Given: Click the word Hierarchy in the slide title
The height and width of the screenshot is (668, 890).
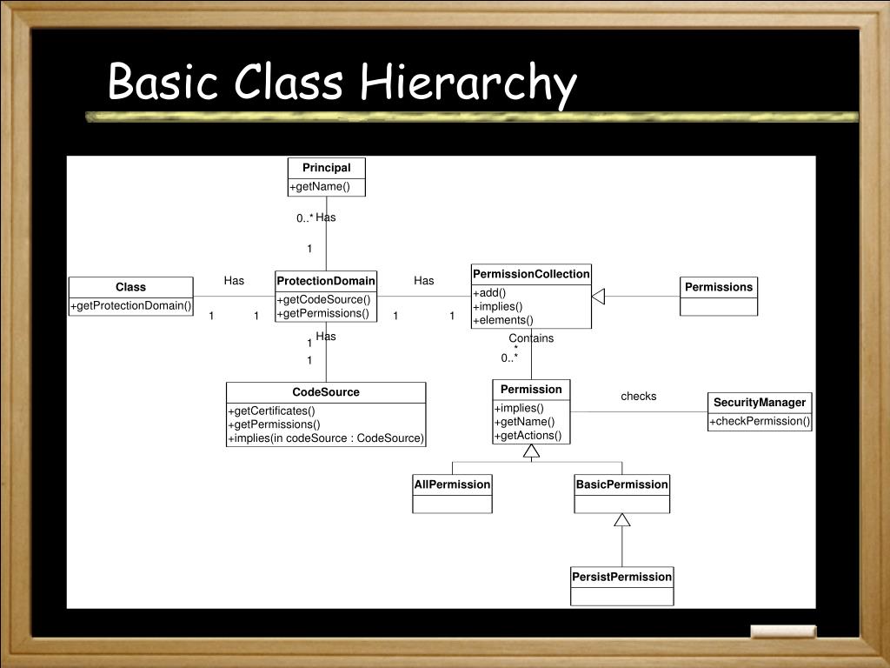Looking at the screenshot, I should pos(469,84).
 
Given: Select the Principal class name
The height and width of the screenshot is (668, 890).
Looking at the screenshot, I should pos(327,168).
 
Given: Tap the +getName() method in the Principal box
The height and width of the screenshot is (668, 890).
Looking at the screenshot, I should pos(320,186).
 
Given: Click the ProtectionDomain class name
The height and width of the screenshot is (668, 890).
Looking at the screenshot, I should pos(326,281).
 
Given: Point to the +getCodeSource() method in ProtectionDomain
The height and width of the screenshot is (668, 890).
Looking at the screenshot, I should pos(323,300).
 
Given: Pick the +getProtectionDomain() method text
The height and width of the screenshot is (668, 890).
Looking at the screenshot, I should pos(131,305).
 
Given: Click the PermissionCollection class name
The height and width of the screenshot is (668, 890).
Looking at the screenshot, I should pos(531,274).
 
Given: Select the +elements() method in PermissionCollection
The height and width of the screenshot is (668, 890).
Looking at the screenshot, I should pos(503,319).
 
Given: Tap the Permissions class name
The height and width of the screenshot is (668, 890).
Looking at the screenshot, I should pos(719,287).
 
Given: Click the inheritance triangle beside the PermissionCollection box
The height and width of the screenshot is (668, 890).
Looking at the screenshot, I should pos(598,297).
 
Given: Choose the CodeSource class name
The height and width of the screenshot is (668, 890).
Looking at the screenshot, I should pos(326,392).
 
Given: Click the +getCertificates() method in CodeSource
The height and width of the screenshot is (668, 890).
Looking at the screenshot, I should pos(271,411).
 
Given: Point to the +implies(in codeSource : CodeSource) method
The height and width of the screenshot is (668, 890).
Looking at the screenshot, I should pos(326,438).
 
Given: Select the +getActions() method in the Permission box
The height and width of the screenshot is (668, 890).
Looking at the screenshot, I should pos(528,435).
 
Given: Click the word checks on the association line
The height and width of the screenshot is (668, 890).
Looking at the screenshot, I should pos(639,397).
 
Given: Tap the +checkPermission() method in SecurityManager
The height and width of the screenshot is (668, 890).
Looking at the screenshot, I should pos(760,421).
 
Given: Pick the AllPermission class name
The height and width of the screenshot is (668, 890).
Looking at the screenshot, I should pos(452,484).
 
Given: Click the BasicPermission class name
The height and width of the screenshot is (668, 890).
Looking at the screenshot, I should pos(621,484).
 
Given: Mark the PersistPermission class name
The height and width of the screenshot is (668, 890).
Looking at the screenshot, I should pos(621,577).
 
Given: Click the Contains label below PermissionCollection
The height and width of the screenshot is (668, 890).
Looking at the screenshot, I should pos(531,338).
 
